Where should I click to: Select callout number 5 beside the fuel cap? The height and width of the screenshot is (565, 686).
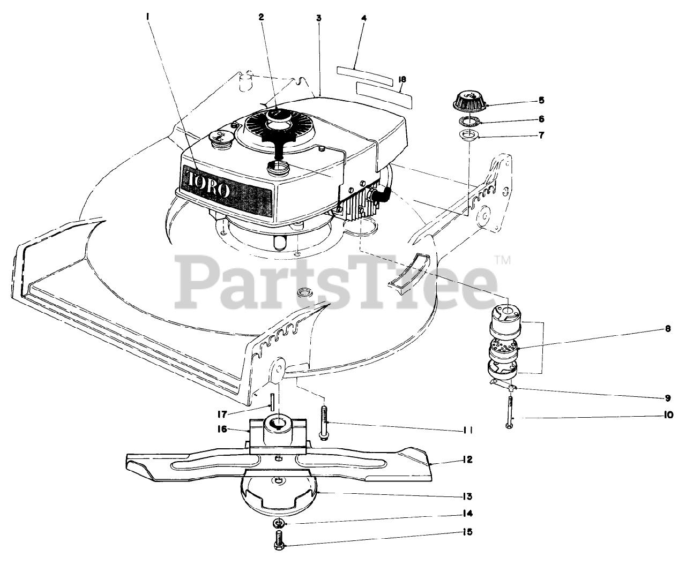click(x=541, y=100)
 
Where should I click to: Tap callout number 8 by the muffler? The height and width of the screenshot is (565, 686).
click(x=668, y=329)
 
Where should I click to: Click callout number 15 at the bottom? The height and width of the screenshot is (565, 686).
click(x=468, y=532)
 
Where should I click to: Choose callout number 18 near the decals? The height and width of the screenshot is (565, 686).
click(x=402, y=80)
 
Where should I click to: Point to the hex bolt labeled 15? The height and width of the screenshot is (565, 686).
click(x=278, y=538)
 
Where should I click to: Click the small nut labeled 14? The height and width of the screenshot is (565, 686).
click(x=279, y=523)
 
